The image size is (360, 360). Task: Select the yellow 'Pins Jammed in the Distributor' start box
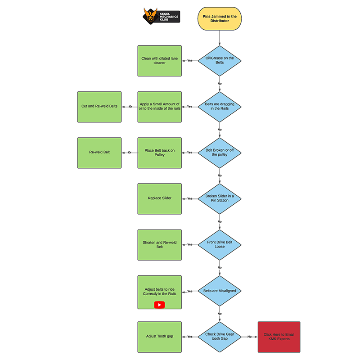219,18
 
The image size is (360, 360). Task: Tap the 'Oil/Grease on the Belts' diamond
219,60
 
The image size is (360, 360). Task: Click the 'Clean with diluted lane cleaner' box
160,60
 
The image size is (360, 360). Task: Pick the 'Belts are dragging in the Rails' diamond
219,107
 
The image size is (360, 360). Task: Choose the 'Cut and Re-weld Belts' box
99,107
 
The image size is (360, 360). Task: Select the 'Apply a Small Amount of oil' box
160,107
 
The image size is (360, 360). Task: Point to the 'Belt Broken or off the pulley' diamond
219,153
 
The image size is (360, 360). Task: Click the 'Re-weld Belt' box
99,153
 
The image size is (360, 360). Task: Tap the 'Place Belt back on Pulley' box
160,153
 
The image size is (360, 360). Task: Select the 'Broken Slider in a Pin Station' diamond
219,198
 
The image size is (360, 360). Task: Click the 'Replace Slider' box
160,198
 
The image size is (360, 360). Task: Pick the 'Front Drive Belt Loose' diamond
219,244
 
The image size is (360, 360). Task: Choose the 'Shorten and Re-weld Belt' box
160,244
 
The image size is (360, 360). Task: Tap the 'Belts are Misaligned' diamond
219,291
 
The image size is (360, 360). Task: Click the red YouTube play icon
159,305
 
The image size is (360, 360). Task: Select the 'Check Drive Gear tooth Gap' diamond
219,337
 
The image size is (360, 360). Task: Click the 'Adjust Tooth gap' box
160,337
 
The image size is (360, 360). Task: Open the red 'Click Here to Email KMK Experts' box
279,337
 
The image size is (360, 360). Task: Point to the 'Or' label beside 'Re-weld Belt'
130,153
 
